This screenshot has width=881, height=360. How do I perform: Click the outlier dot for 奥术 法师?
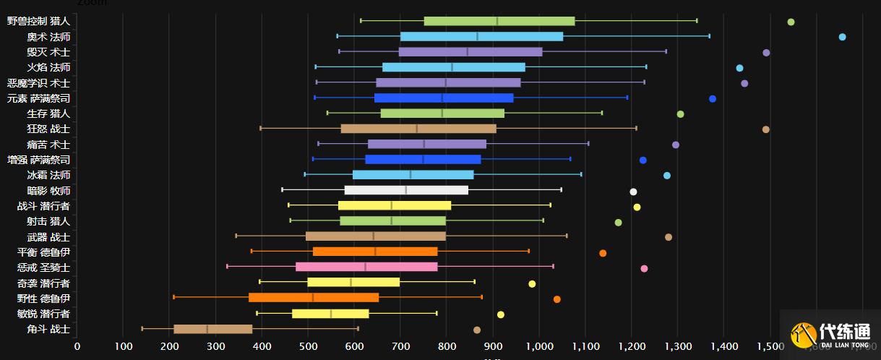coord(842,37)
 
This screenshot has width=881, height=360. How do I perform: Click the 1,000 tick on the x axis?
coord(539,346)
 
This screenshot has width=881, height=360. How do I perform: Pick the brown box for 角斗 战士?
coord(213,329)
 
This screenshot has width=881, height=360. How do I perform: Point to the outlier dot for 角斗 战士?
coord(477,330)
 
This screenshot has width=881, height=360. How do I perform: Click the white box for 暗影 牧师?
coord(406,191)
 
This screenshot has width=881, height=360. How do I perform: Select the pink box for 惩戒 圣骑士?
coord(366,267)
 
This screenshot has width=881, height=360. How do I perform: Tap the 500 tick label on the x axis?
coord(308,346)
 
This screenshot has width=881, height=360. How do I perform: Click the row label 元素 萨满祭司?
coord(38,98)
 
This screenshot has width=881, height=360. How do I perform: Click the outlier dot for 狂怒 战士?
coord(766,129)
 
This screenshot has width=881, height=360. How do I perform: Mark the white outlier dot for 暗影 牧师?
coord(633,192)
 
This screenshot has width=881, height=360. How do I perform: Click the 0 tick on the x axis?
coord(77,346)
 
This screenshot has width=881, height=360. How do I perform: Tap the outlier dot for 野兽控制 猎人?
coord(791,22)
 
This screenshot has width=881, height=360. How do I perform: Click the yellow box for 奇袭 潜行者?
coord(353,282)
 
